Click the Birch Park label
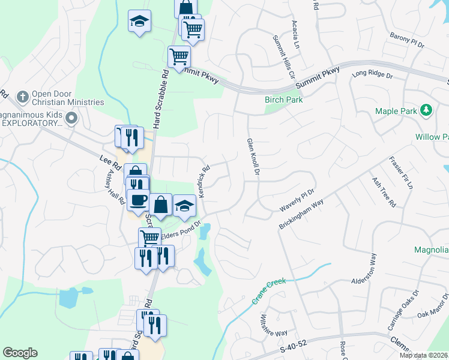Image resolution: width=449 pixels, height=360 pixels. pos(283,100)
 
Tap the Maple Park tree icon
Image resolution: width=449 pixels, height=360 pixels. pos(426,110)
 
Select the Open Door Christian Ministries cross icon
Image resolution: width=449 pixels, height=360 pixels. pos(23,96)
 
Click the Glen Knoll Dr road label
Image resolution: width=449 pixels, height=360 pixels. pos(253,157)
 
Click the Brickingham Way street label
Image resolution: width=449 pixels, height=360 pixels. pos(301,214)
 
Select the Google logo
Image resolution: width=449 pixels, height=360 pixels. pos(20,353)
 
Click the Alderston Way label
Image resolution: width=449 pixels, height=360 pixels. pos(363,272)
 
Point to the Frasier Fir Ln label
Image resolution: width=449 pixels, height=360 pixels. pos(401,173)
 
